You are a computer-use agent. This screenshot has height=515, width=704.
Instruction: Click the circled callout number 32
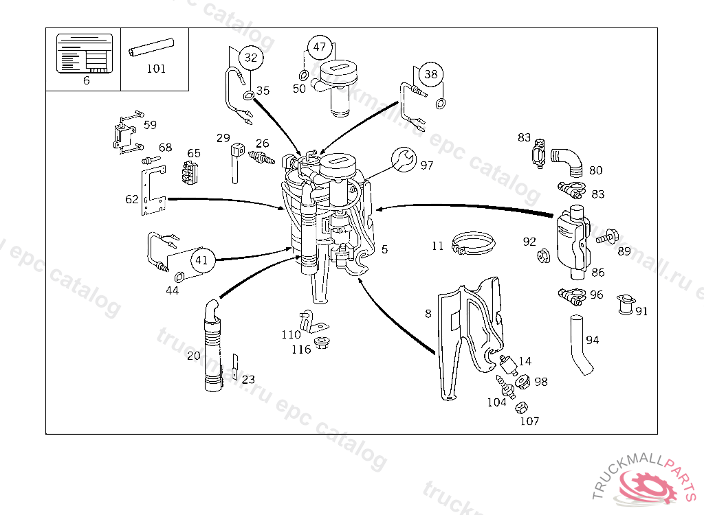coord(250,58)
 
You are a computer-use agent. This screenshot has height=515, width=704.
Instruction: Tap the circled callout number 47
coord(319,47)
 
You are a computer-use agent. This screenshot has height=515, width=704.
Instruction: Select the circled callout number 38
coord(430,74)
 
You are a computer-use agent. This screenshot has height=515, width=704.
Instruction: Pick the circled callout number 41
coord(201,260)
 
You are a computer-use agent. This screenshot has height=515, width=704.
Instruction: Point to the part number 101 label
coord(156,69)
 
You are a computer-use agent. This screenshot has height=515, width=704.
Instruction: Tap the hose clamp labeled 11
coord(474,243)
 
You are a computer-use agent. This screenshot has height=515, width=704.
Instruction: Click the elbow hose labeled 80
coord(568,160)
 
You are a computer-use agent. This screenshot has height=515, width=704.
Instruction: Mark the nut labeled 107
coord(521,407)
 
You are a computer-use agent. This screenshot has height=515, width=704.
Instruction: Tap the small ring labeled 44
coord(179,277)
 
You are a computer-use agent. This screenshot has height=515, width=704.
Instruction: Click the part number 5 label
coord(384,249)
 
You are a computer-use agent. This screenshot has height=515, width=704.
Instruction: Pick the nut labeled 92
coord(542,256)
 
